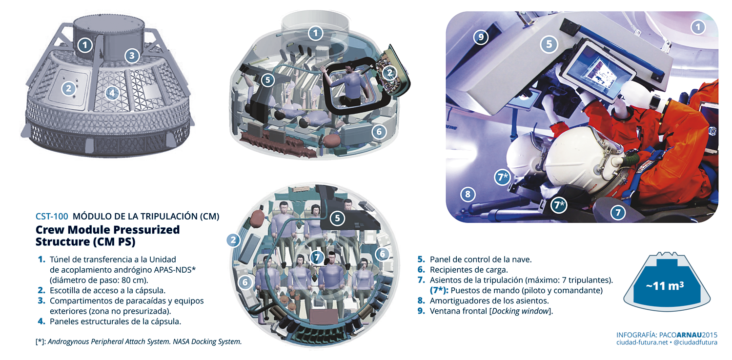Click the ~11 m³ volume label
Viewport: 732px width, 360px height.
click(665, 286)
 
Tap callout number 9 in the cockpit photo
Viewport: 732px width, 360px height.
click(481, 37)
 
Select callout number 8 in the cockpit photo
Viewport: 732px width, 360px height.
click(468, 194)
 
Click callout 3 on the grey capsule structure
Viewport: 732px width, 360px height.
click(132, 56)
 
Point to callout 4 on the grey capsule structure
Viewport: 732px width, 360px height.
click(112, 93)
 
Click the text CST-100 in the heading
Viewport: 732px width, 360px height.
click(52, 216)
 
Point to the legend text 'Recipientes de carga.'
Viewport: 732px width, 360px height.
click(468, 270)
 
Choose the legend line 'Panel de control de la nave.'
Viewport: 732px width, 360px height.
click(481, 260)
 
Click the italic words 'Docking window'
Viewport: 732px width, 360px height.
click(520, 311)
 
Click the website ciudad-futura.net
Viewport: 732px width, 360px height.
click(642, 342)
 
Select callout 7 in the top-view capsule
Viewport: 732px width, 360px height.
click(317, 258)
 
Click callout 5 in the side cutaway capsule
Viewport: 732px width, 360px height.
click(267, 80)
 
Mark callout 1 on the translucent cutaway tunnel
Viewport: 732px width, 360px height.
click(315, 33)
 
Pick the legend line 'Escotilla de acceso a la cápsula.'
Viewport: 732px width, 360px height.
click(107, 290)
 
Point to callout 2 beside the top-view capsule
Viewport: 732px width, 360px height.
click(233, 240)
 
